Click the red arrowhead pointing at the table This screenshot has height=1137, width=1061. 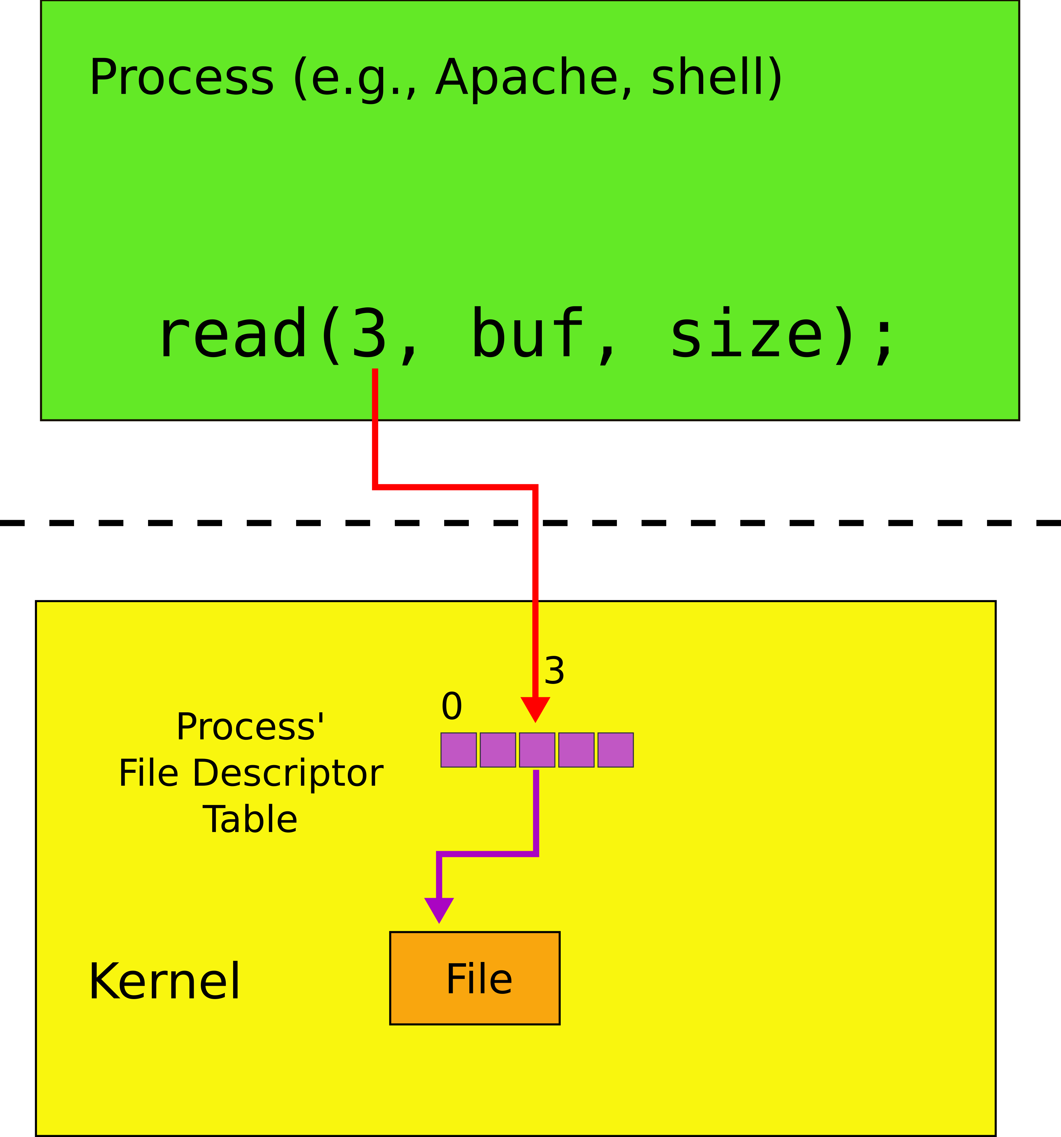535,709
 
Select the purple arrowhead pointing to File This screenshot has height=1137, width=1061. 439,909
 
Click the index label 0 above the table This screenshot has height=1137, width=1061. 452,706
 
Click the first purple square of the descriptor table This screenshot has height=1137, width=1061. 458,750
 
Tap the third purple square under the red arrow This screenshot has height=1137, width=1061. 537,750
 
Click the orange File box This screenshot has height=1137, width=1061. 474,978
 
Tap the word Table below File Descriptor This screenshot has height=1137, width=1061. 250,819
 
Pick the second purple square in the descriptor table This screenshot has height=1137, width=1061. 497,750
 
